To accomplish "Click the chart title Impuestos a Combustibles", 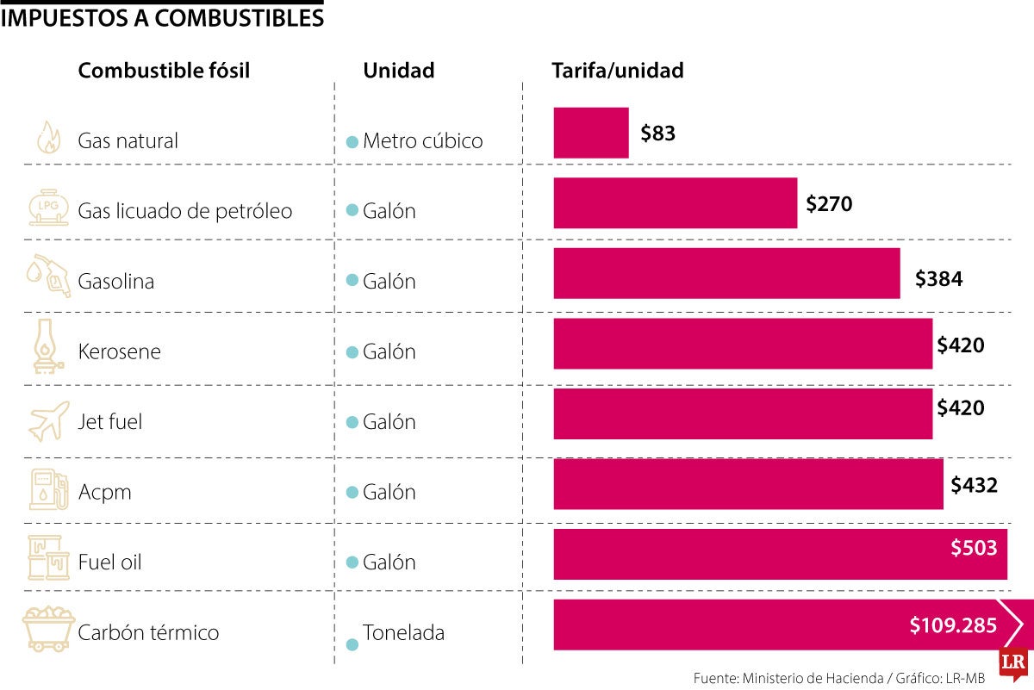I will click(162, 16).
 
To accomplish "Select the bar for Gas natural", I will click(591, 133).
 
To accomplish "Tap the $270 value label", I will click(829, 204).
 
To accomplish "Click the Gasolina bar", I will click(726, 274).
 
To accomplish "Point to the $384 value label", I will click(938, 279).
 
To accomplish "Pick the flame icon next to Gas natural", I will click(47, 138).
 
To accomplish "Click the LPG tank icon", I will click(47, 208).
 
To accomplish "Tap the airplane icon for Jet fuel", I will click(48, 421).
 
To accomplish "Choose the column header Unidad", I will click(398, 71).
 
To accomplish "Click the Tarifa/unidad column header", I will click(617, 71).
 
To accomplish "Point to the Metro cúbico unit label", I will click(422, 140).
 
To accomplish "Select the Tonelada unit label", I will click(403, 632).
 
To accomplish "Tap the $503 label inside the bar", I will click(974, 548).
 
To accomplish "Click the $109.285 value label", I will click(953, 626).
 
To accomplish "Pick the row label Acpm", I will click(104, 492).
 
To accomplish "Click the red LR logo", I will click(1013, 662).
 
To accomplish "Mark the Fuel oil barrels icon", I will click(48, 557).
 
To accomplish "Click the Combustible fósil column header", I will click(164, 71).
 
